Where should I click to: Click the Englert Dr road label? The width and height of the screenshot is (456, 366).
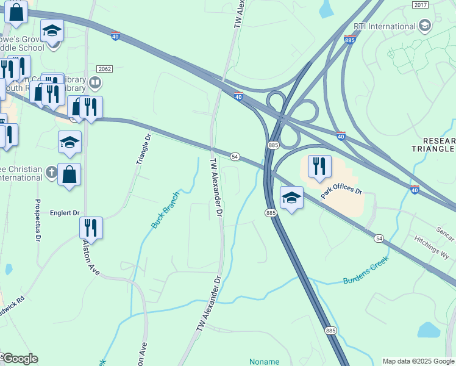(65, 213)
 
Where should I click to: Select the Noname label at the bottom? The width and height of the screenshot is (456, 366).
(264, 362)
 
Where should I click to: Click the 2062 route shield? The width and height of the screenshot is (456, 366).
(104, 69)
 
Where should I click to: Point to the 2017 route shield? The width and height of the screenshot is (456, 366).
(420, 5)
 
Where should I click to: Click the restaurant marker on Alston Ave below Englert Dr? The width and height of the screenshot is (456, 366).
(91, 228)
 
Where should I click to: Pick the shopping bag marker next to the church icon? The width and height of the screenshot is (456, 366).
(69, 174)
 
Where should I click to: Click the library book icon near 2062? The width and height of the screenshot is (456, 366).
(95, 82)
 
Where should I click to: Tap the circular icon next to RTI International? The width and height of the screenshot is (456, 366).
(425, 26)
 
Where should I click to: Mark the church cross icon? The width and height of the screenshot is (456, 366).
(52, 174)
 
